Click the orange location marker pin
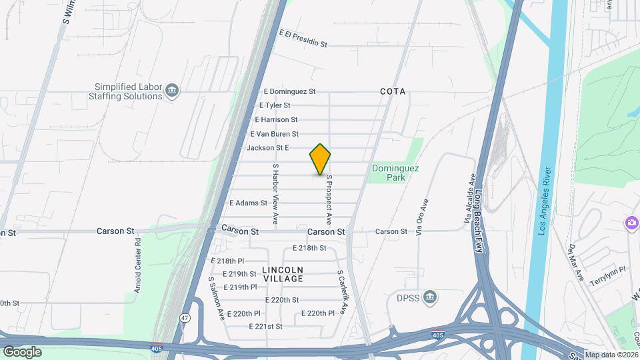[321, 159]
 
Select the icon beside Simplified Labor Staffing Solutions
[173, 91]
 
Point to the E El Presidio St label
[303, 38]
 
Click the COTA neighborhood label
[393, 91]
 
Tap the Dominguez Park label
[395, 173]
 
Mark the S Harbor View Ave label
[275, 193]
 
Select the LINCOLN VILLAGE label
[283, 274]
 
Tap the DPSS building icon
[431, 297]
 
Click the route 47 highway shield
[185, 319]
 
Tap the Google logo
[22, 351]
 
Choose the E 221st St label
[265, 326]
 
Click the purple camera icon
[630, 222]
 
